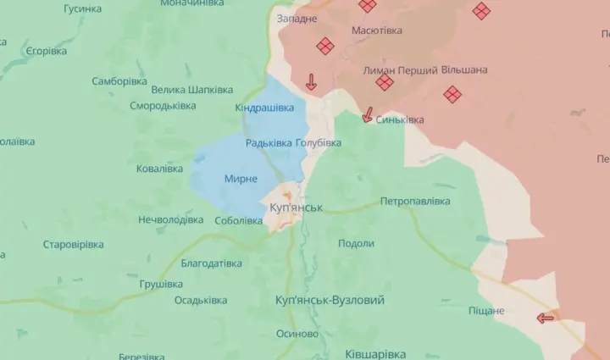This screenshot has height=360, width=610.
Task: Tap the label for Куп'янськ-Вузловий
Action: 330,301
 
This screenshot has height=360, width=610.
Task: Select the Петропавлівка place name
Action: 415,201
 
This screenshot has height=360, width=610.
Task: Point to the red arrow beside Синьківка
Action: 368,115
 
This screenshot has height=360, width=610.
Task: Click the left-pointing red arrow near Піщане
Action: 545,318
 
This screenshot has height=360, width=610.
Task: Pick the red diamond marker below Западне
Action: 324,46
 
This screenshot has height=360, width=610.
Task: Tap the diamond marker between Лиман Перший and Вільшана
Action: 385,82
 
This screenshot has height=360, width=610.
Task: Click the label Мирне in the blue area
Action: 241,179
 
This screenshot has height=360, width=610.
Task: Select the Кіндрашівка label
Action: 264,108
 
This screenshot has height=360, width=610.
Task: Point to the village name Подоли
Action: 356,243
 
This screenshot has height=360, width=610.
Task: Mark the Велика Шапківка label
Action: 192,90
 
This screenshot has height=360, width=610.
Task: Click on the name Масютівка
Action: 378,30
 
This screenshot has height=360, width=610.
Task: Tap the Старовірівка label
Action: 74,245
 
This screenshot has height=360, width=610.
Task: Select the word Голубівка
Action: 319,143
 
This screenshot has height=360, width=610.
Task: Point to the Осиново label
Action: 297,333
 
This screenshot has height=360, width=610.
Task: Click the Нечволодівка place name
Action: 170,219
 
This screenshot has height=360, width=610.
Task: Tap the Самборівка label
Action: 119,81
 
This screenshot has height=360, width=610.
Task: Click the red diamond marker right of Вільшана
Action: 452,94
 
